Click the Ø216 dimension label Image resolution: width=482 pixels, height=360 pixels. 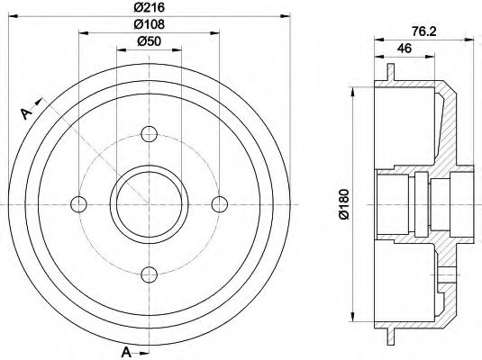150,7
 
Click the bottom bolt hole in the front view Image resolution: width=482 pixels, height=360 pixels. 150,273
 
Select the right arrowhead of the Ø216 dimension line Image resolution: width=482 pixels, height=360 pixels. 286,15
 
